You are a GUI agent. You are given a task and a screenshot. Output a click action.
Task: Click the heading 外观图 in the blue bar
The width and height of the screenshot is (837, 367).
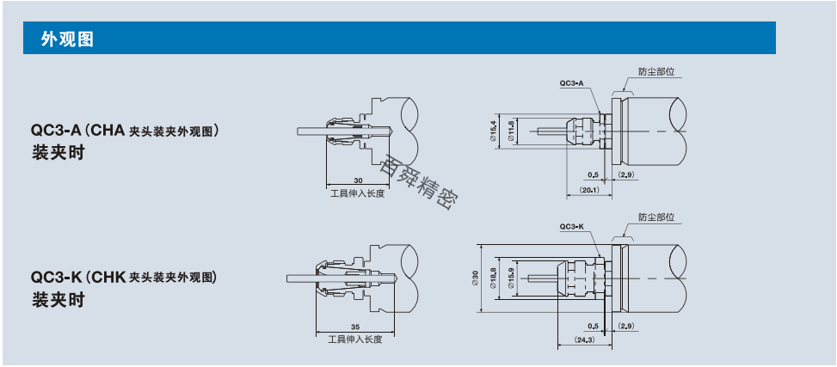(x=67, y=39)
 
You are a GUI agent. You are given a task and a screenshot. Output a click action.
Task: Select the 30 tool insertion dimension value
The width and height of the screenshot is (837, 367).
(x=358, y=180)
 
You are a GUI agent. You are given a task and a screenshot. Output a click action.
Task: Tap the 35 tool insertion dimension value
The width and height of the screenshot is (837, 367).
(x=355, y=327)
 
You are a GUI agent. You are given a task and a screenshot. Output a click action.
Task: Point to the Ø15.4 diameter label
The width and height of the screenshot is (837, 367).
(x=494, y=131)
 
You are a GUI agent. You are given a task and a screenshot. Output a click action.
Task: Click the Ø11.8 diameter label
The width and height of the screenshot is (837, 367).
(x=511, y=131)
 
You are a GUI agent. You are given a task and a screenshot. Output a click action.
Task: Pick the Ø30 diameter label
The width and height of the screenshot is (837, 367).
(x=475, y=278)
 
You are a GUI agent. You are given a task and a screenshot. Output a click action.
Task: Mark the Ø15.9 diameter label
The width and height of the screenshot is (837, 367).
(x=511, y=278)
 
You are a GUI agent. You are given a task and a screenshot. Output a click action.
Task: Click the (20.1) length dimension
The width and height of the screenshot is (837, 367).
(x=589, y=189)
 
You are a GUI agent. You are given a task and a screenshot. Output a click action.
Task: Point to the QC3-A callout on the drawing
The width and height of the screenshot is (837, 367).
(x=572, y=83)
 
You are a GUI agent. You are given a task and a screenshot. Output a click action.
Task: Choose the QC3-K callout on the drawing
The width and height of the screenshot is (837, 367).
(x=572, y=227)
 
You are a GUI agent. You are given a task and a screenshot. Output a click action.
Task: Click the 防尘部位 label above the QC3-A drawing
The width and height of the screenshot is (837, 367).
(x=656, y=71)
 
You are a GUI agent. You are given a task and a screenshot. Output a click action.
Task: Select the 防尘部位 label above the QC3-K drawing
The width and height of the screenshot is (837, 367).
(x=656, y=217)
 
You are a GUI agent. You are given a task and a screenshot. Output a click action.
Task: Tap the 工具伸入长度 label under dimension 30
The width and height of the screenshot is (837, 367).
(x=357, y=193)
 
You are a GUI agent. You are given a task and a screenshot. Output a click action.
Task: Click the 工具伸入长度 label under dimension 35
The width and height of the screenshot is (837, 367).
(x=355, y=339)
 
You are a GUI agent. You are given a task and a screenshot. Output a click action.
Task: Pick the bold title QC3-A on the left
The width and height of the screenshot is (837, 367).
(x=57, y=130)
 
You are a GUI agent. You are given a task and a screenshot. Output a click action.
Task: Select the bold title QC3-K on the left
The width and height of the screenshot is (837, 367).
(x=57, y=278)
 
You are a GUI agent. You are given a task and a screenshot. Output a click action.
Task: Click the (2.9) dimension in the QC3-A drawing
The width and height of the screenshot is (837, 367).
(x=627, y=174)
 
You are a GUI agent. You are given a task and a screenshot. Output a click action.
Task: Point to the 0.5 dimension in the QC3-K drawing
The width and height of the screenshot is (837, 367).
(x=593, y=326)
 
